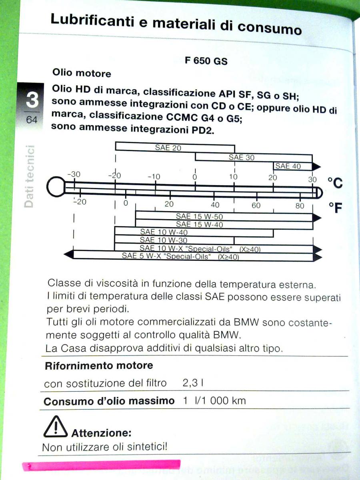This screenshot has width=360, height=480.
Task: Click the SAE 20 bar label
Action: click(x=168, y=148)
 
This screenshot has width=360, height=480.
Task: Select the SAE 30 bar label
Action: click(x=241, y=157)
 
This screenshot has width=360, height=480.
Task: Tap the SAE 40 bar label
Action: click(x=288, y=166)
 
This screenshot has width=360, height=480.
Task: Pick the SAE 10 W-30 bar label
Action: click(x=158, y=240)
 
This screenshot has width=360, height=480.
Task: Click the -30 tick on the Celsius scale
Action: click(x=74, y=174)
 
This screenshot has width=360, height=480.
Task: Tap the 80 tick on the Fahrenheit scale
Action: click(x=300, y=206)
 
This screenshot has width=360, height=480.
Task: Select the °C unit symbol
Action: click(x=335, y=183)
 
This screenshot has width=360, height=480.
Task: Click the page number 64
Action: click(x=32, y=120)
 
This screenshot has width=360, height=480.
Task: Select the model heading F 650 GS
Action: click(x=206, y=61)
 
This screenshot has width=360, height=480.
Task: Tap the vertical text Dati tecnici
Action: click(x=29, y=176)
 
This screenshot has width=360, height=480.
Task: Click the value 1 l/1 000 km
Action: click(x=214, y=400)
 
